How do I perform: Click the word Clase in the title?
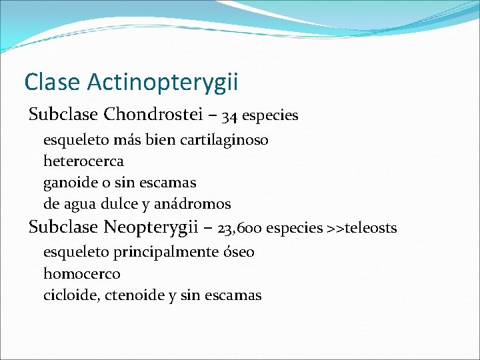tap(51, 82)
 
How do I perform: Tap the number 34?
tap(229, 116)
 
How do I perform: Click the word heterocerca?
tap(83, 161)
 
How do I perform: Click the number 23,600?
tap(239, 229)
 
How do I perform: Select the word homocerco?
tap(82, 273)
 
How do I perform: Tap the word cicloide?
tap(71, 295)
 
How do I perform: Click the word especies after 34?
tap(270, 116)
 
